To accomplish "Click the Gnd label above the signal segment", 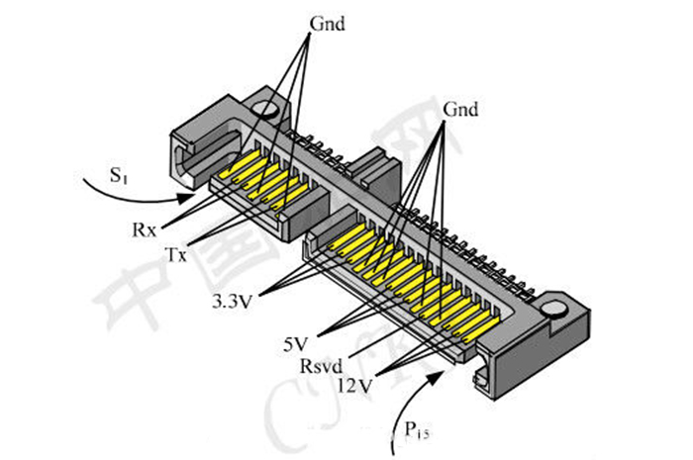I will point(327,23).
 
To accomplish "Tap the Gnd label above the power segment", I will point(461,109).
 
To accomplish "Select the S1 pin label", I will point(118,178).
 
